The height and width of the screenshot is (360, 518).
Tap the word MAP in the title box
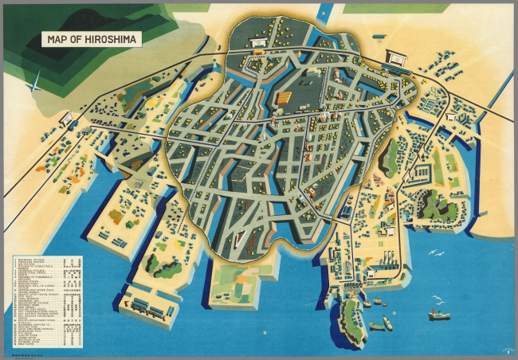click(x=57, y=38)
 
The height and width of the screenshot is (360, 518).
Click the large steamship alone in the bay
click(x=438, y=314)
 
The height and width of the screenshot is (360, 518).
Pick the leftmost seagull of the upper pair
click(x=430, y=256)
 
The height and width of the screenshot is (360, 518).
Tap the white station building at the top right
click(x=396, y=57)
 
